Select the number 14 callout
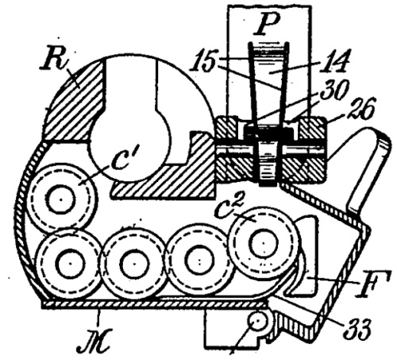(336, 61)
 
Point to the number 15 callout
(203, 61)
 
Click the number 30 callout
(334, 91)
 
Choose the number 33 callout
(357, 330)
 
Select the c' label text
(121, 158)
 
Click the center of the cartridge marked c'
(61, 199)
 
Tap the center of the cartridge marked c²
(264, 242)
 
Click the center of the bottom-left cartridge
(71, 264)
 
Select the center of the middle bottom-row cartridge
(134, 264)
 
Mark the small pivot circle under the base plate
(257, 322)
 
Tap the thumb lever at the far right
(370, 172)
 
